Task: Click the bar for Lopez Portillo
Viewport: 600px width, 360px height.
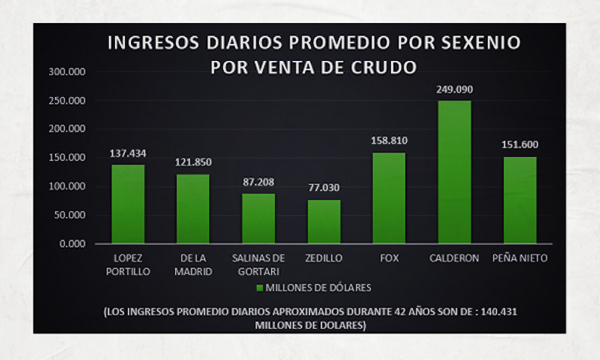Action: pos(128,204)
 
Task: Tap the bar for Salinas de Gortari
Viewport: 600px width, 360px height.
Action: pos(258,219)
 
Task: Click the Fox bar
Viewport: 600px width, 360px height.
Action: pos(389,198)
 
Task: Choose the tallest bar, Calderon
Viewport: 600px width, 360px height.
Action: pos(454,172)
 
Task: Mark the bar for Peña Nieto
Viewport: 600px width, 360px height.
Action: pos(519,200)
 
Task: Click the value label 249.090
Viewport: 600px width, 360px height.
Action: pos(455,89)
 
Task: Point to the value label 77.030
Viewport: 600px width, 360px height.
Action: pos(324,188)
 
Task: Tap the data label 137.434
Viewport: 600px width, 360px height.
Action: pos(128,153)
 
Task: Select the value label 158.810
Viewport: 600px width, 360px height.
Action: pos(389,141)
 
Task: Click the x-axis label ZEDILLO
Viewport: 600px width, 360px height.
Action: pos(324,258)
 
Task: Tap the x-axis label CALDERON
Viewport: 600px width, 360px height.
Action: pos(454,258)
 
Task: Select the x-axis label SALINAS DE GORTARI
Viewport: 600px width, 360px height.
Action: pos(258,264)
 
